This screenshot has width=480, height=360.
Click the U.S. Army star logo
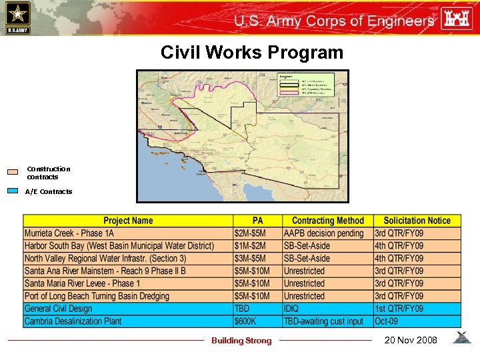pos(17,17)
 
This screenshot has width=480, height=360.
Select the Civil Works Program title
pos(251,53)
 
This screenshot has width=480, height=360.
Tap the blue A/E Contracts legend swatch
pos(13,191)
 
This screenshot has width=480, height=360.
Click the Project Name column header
pos(128,221)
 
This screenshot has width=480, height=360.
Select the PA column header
pos(257,221)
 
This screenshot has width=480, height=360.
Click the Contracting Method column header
pos(327,221)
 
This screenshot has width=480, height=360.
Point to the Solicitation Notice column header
pos(417,221)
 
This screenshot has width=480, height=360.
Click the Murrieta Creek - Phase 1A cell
pos(69,233)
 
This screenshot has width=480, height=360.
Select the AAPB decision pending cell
pos(324,233)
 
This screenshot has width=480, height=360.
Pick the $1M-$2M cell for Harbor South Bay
pos(250,246)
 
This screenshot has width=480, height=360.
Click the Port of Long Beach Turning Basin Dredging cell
pos(97,296)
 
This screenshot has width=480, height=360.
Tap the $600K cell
pos(245,321)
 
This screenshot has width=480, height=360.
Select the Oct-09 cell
pos(387,321)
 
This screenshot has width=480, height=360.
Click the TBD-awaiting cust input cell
pos(323,321)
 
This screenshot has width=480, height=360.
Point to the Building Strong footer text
pos(241,341)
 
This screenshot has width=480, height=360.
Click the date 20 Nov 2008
pos(411,340)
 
